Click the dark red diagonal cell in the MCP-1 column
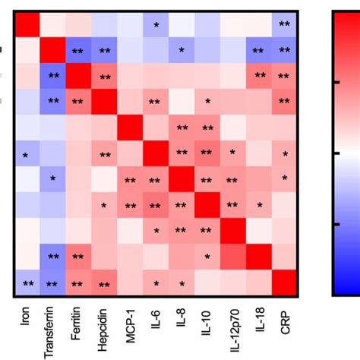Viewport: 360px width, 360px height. [131, 128]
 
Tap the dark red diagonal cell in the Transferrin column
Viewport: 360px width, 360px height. [53, 51]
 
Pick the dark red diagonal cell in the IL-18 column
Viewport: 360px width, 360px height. [259, 257]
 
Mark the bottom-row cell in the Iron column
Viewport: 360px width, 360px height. [27, 283]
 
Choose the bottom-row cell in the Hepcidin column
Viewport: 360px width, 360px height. [105, 283]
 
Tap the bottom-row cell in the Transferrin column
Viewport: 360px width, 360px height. [53, 283]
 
